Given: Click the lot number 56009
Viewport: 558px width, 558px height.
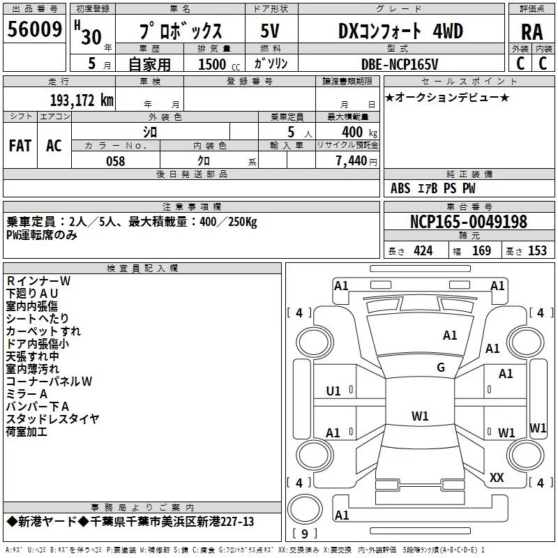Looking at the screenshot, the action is click(34, 29).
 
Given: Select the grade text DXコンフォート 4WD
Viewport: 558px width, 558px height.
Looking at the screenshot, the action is click(400, 31).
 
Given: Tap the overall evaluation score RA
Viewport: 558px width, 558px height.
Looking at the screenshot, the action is click(531, 32).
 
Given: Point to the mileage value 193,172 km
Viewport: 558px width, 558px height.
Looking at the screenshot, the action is click(82, 100).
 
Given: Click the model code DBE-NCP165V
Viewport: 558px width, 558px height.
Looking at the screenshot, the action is click(400, 64).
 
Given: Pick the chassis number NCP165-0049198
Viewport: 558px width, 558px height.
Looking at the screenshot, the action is click(468, 222).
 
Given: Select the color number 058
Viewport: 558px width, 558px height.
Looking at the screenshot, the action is click(116, 161).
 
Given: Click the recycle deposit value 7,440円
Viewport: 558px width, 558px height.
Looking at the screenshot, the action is click(356, 161).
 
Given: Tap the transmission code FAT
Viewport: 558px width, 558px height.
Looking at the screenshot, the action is click(20, 146).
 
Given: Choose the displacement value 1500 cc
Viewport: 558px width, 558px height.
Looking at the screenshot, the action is click(219, 64).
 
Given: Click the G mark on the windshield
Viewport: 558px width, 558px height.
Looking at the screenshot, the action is click(441, 368).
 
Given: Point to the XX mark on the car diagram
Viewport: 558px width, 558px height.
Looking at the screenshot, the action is click(497, 478).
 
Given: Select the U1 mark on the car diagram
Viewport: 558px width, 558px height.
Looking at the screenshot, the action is click(333, 391).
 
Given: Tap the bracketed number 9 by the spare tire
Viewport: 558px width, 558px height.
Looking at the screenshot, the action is click(304, 534).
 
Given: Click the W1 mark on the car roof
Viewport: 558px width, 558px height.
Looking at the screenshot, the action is click(420, 416).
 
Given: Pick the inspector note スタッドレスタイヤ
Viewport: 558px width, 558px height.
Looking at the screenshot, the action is click(52, 419).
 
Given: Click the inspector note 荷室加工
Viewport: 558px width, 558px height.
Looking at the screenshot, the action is click(27, 432).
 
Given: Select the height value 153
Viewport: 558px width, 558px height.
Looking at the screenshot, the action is click(537, 251).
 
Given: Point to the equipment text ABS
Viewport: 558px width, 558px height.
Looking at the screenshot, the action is click(400, 188).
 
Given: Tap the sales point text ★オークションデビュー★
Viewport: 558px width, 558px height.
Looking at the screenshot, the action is click(447, 98).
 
